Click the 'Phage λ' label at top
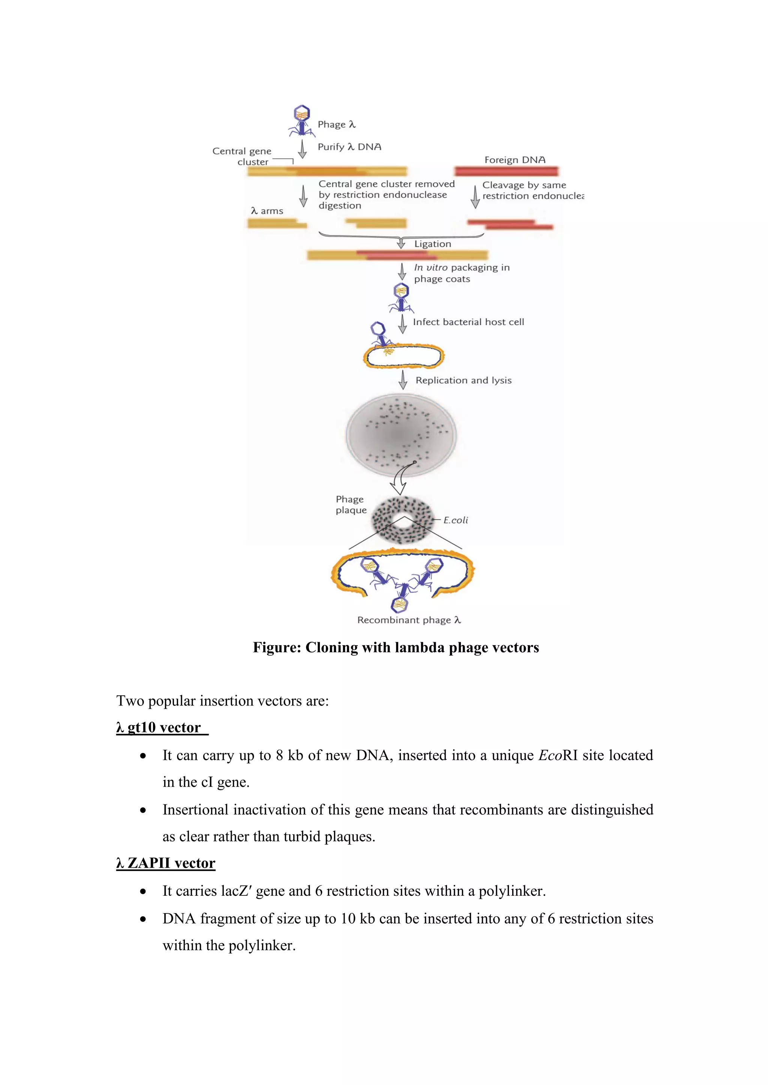(x=336, y=124)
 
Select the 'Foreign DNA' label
(x=514, y=160)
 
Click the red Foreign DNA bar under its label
(x=506, y=171)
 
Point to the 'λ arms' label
(x=267, y=211)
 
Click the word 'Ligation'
(x=432, y=244)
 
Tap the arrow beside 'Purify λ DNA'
(x=303, y=148)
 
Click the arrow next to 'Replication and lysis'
(x=403, y=380)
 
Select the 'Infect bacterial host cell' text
(x=468, y=322)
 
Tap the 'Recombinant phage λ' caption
(x=409, y=620)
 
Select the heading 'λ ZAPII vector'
(x=165, y=863)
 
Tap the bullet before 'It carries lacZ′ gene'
(x=143, y=891)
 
